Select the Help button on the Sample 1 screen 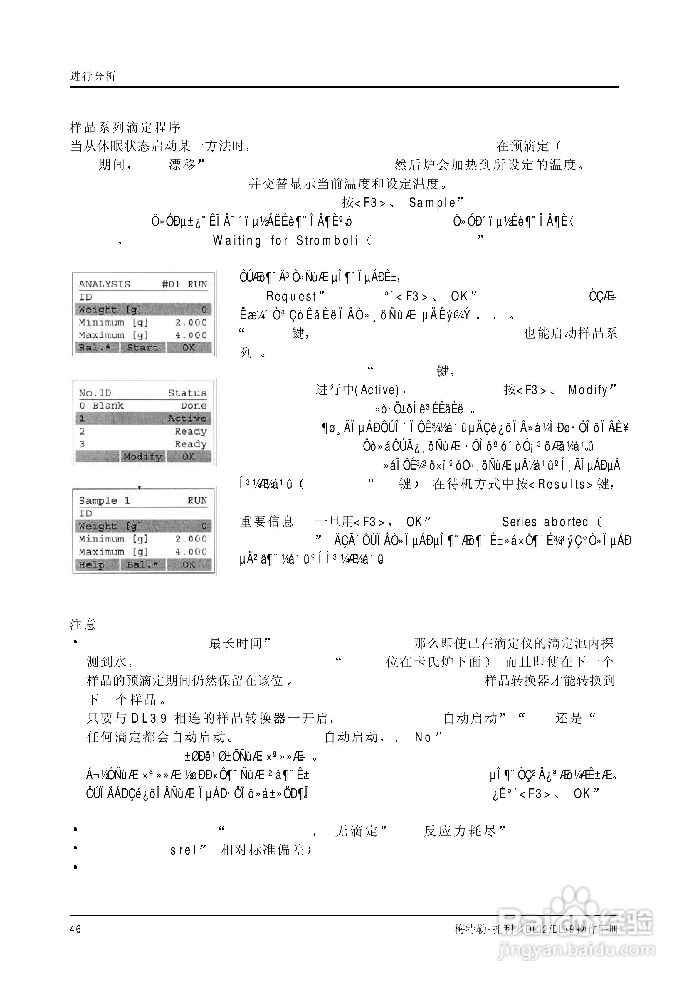pyautogui.click(x=92, y=565)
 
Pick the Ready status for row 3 pyautogui.click(x=191, y=444)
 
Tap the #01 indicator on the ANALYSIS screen pyautogui.click(x=171, y=284)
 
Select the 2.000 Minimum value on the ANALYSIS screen pyautogui.click(x=191, y=322)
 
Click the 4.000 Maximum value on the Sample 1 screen pyautogui.click(x=191, y=552)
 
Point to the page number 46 pyautogui.click(x=75, y=929)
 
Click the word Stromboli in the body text pyautogui.click(x=327, y=240)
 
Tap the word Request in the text pyautogui.click(x=292, y=296)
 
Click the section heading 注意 pyautogui.click(x=83, y=624)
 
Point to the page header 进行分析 pyautogui.click(x=93, y=76)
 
